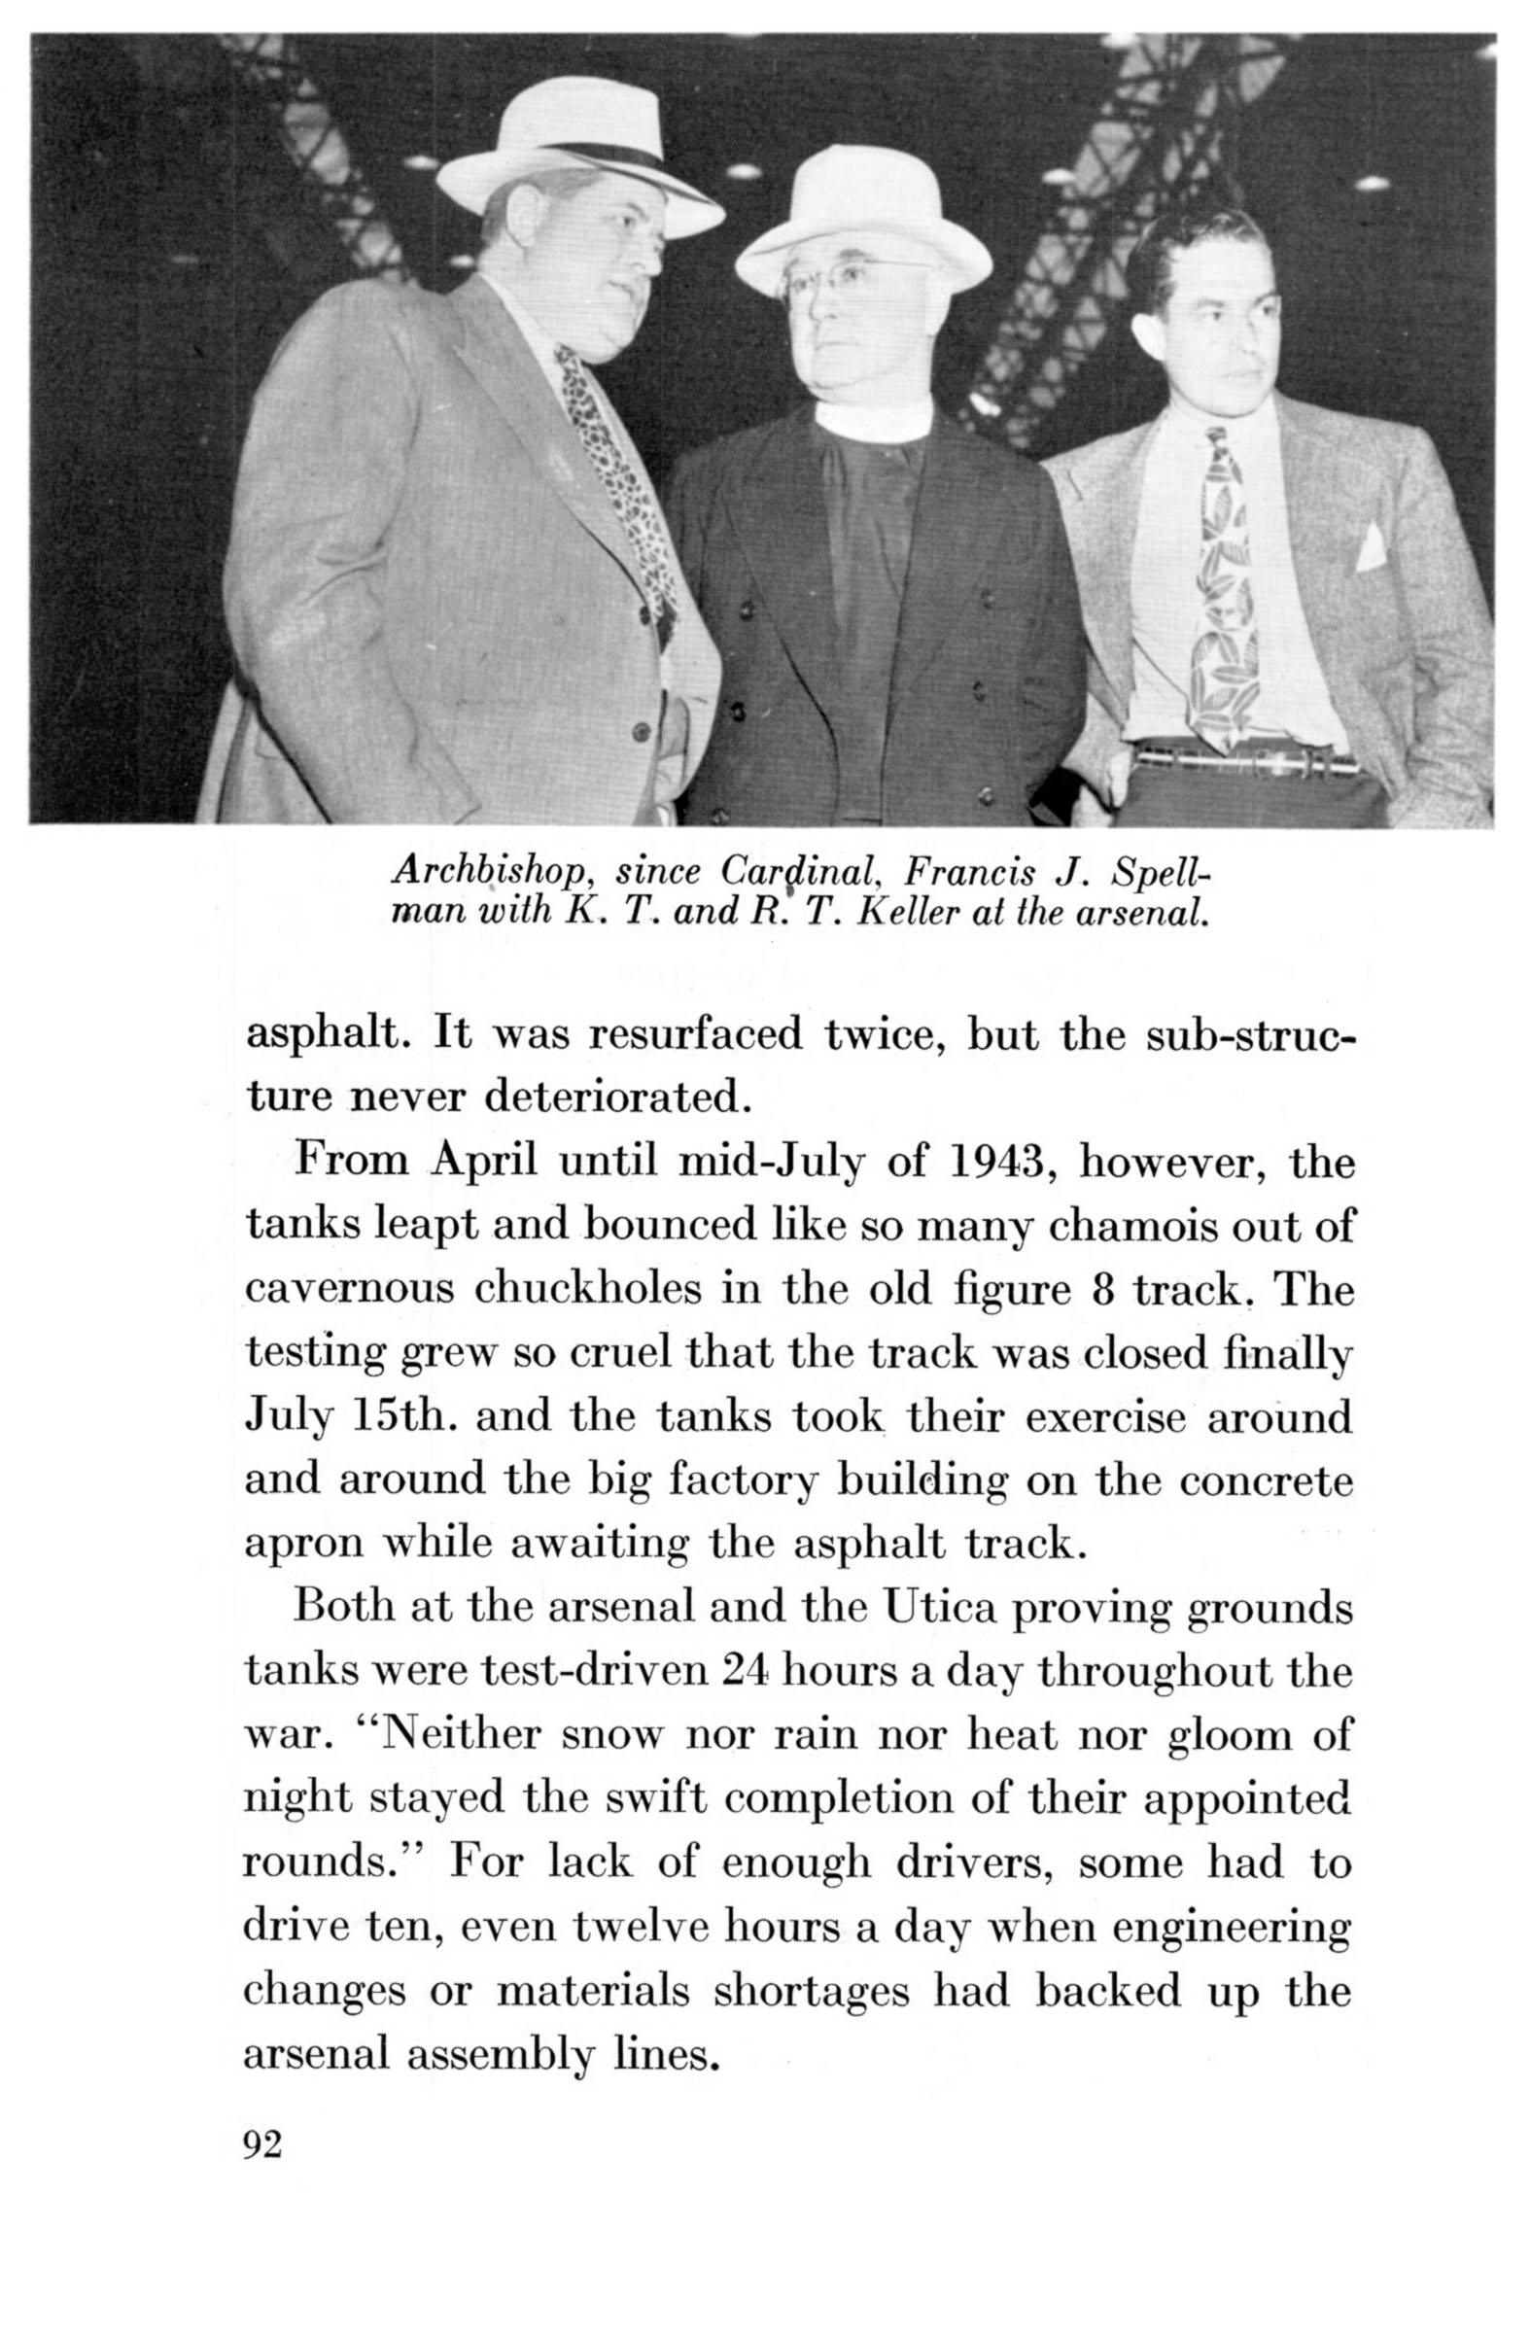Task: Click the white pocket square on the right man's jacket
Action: click(1371, 546)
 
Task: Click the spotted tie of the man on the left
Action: click(612, 470)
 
